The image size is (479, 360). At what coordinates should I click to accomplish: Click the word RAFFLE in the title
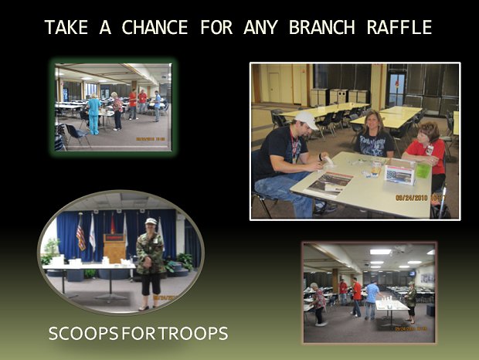point(399,27)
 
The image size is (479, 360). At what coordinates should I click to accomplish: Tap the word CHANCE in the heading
point(155,27)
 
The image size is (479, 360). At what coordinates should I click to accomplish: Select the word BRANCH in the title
point(321,27)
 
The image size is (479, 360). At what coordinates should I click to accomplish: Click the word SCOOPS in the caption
point(83,333)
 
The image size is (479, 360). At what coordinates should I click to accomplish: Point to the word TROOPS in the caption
point(193,333)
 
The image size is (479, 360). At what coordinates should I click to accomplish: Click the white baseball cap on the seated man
point(307,120)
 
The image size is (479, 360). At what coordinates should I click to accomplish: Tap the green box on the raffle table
point(423,171)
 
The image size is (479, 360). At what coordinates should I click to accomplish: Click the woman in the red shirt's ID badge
point(430,149)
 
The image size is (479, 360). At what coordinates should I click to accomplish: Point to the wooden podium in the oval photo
point(114,248)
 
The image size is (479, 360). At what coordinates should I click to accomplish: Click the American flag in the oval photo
point(81,234)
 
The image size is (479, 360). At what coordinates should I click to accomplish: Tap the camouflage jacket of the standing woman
point(151,253)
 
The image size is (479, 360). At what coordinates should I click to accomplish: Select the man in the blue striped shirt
point(372,300)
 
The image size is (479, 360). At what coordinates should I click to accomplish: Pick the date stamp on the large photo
point(420,198)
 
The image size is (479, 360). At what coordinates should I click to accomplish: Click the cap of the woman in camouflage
point(151,221)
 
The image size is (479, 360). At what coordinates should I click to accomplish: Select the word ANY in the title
point(260,27)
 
